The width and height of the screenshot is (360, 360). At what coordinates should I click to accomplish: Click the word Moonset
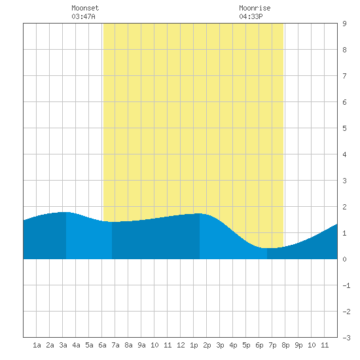point(85,8)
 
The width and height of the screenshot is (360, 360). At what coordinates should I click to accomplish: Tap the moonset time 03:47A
point(83,16)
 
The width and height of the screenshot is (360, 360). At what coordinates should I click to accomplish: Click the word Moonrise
point(255,8)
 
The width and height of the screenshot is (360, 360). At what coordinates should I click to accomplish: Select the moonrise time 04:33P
point(251,16)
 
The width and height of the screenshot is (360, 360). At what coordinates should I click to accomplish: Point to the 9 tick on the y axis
point(344,24)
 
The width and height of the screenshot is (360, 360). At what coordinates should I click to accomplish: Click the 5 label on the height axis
point(344,128)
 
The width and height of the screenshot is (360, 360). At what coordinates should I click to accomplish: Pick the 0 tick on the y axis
point(344,259)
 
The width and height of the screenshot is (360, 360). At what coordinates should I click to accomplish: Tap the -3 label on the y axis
point(346,338)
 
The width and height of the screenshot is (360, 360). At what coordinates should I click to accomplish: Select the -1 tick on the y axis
point(346,285)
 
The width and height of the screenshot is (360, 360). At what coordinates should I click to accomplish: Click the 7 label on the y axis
point(344,76)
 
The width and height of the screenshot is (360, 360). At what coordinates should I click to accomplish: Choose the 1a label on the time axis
point(37,345)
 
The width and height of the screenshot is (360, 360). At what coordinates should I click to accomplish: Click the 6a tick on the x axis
point(102,345)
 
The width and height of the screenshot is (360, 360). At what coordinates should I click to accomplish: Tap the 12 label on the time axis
point(181,345)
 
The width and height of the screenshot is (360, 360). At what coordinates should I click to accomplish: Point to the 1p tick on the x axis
point(194,345)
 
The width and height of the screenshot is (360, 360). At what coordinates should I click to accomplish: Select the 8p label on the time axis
point(285,345)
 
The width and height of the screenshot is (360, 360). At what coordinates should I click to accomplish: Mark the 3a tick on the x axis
point(63,345)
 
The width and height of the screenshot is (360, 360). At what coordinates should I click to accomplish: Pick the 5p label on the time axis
point(246,345)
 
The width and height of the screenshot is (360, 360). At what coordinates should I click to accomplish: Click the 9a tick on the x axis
point(141,345)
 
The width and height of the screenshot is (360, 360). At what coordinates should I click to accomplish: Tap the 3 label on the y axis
point(344,181)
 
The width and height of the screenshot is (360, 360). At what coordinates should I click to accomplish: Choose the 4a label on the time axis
point(76,345)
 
